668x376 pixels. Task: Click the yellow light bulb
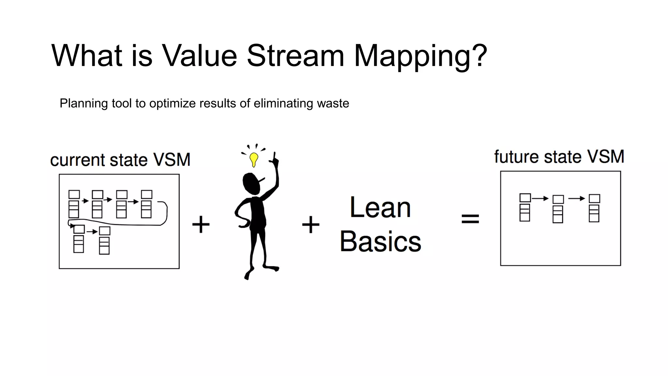point(254,159)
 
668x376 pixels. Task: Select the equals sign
point(470,219)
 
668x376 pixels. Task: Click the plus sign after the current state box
point(201,224)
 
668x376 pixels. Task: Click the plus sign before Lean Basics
point(311,224)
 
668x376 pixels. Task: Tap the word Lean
point(380,208)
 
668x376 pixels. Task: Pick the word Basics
point(380,242)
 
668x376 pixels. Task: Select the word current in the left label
point(78,160)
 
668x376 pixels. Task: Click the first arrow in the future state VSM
point(540,198)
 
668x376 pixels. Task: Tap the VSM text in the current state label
point(172,160)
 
